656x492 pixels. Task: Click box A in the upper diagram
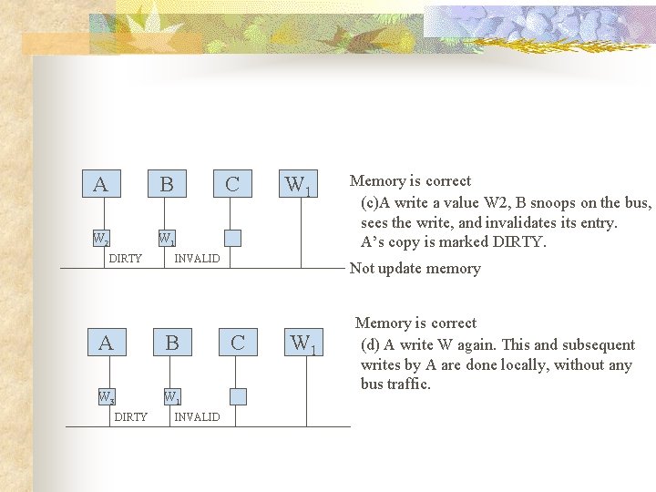(x=100, y=184)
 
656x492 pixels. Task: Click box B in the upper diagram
(x=167, y=184)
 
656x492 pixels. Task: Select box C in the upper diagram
(x=232, y=184)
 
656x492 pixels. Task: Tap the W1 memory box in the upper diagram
(x=299, y=184)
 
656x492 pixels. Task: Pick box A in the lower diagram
(x=106, y=343)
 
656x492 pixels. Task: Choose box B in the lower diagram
(x=172, y=343)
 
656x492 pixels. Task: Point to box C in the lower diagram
(x=238, y=343)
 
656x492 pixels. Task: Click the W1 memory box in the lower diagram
(x=304, y=343)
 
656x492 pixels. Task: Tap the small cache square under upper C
(x=232, y=239)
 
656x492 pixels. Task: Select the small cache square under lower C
(x=238, y=396)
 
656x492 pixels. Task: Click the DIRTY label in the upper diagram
(x=125, y=259)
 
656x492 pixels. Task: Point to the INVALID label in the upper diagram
(x=197, y=259)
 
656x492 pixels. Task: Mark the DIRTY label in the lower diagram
(x=130, y=416)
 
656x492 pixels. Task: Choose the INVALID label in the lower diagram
(x=197, y=416)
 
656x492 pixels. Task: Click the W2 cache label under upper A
(x=101, y=240)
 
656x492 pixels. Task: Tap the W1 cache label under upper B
(x=167, y=240)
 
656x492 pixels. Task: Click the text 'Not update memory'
(x=415, y=268)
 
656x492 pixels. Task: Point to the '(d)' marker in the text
(x=370, y=344)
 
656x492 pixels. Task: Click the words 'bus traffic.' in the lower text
(x=395, y=384)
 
